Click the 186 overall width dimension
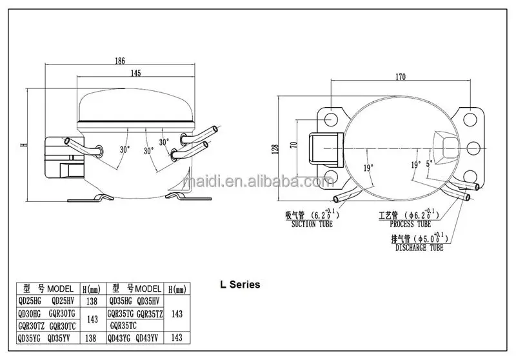[120, 61]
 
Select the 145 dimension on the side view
[135, 74]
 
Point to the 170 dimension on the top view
[401, 77]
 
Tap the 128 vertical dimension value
[275, 150]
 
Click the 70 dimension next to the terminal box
[294, 145]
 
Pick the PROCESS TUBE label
[410, 225]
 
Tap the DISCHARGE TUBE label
[419, 247]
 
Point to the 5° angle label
[429, 164]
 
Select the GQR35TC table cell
[127, 325]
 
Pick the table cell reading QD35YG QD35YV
[45, 337]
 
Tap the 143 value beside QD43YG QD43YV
[177, 337]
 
